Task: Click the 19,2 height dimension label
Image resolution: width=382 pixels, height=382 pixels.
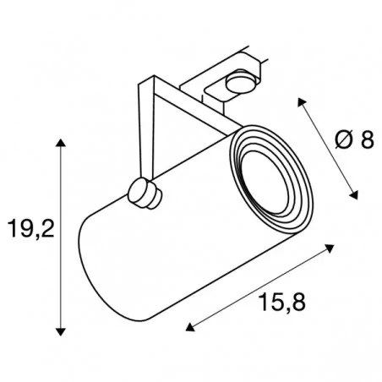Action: (x=31, y=228)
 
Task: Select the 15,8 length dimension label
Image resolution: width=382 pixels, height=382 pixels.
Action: (x=283, y=302)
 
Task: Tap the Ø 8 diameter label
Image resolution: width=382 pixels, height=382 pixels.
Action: (x=354, y=139)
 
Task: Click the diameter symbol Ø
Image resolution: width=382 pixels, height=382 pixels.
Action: (x=344, y=139)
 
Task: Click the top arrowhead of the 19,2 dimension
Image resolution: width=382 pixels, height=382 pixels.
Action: (x=61, y=143)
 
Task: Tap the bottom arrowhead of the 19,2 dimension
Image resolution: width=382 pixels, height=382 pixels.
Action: (x=61, y=332)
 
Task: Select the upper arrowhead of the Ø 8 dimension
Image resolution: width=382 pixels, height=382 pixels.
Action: (x=302, y=102)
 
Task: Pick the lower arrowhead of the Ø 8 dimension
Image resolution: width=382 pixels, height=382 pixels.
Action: (x=353, y=194)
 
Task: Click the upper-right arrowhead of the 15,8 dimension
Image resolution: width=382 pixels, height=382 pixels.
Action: (x=330, y=248)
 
